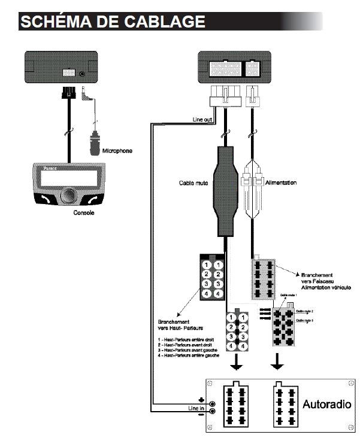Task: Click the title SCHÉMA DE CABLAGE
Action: tap(113, 22)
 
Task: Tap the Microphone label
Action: tap(118, 151)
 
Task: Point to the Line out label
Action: tap(202, 119)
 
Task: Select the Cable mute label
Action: tap(195, 182)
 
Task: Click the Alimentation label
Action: tap(280, 182)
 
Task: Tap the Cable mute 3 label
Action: tap(305, 321)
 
